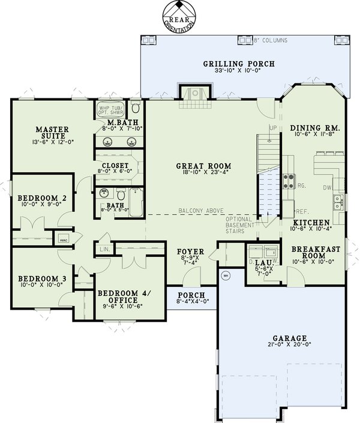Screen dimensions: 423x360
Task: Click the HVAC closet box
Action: pos(64,238)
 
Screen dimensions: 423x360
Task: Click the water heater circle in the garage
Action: pos(226,276)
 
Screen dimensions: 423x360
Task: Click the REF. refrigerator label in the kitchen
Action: pos(302,212)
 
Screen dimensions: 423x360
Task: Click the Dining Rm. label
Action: pos(315,128)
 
